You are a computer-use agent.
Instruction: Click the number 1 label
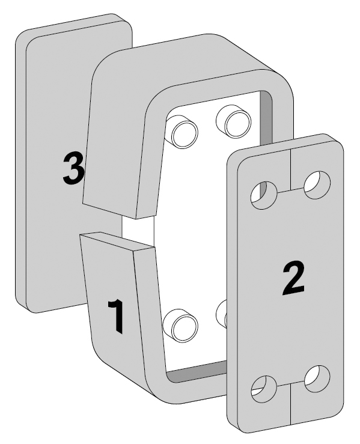tap(117, 316)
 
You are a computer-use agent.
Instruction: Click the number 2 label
tap(293, 278)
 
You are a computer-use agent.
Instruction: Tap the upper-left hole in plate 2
tap(264, 195)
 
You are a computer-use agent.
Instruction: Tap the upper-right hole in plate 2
tap(317, 185)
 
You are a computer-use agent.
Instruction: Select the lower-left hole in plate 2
tap(264, 389)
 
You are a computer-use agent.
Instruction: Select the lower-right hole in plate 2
tap(317, 379)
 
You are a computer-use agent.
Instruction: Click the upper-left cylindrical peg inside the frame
tap(182, 132)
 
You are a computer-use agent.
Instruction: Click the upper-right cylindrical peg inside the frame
tap(234, 121)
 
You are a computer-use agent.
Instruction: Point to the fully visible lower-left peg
tap(182, 326)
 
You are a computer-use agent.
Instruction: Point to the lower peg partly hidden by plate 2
tap(222, 314)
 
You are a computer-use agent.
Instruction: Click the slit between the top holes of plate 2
tap(291, 190)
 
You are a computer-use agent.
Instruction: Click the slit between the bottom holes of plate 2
tap(291, 384)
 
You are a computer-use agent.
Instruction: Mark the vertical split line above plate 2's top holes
tap(291, 168)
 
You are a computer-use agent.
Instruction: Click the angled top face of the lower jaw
tap(118, 242)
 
